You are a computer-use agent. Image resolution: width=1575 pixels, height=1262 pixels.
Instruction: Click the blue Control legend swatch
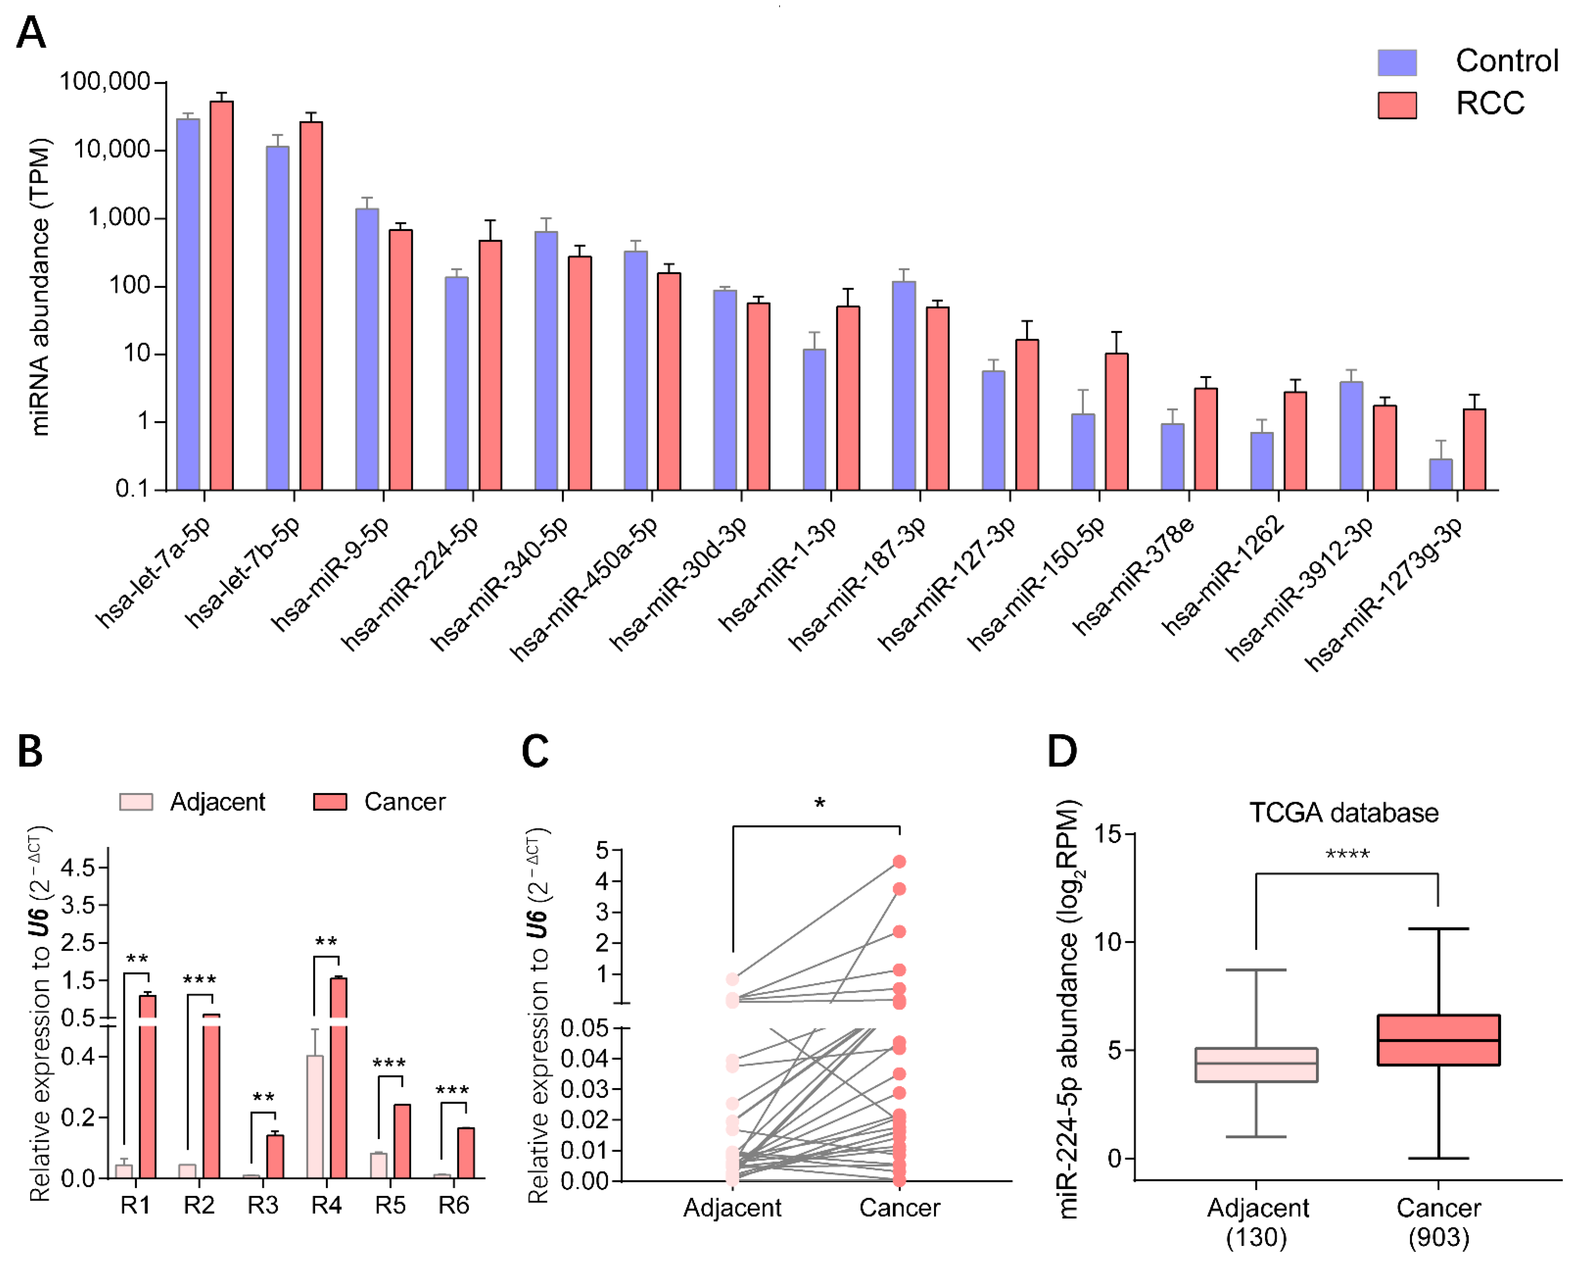[1397, 63]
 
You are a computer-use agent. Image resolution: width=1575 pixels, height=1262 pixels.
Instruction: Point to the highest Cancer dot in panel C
[899, 862]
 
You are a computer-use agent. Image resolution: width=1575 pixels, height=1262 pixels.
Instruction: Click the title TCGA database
[1343, 812]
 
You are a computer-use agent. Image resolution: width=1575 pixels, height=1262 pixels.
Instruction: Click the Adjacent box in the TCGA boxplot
[1256, 1065]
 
